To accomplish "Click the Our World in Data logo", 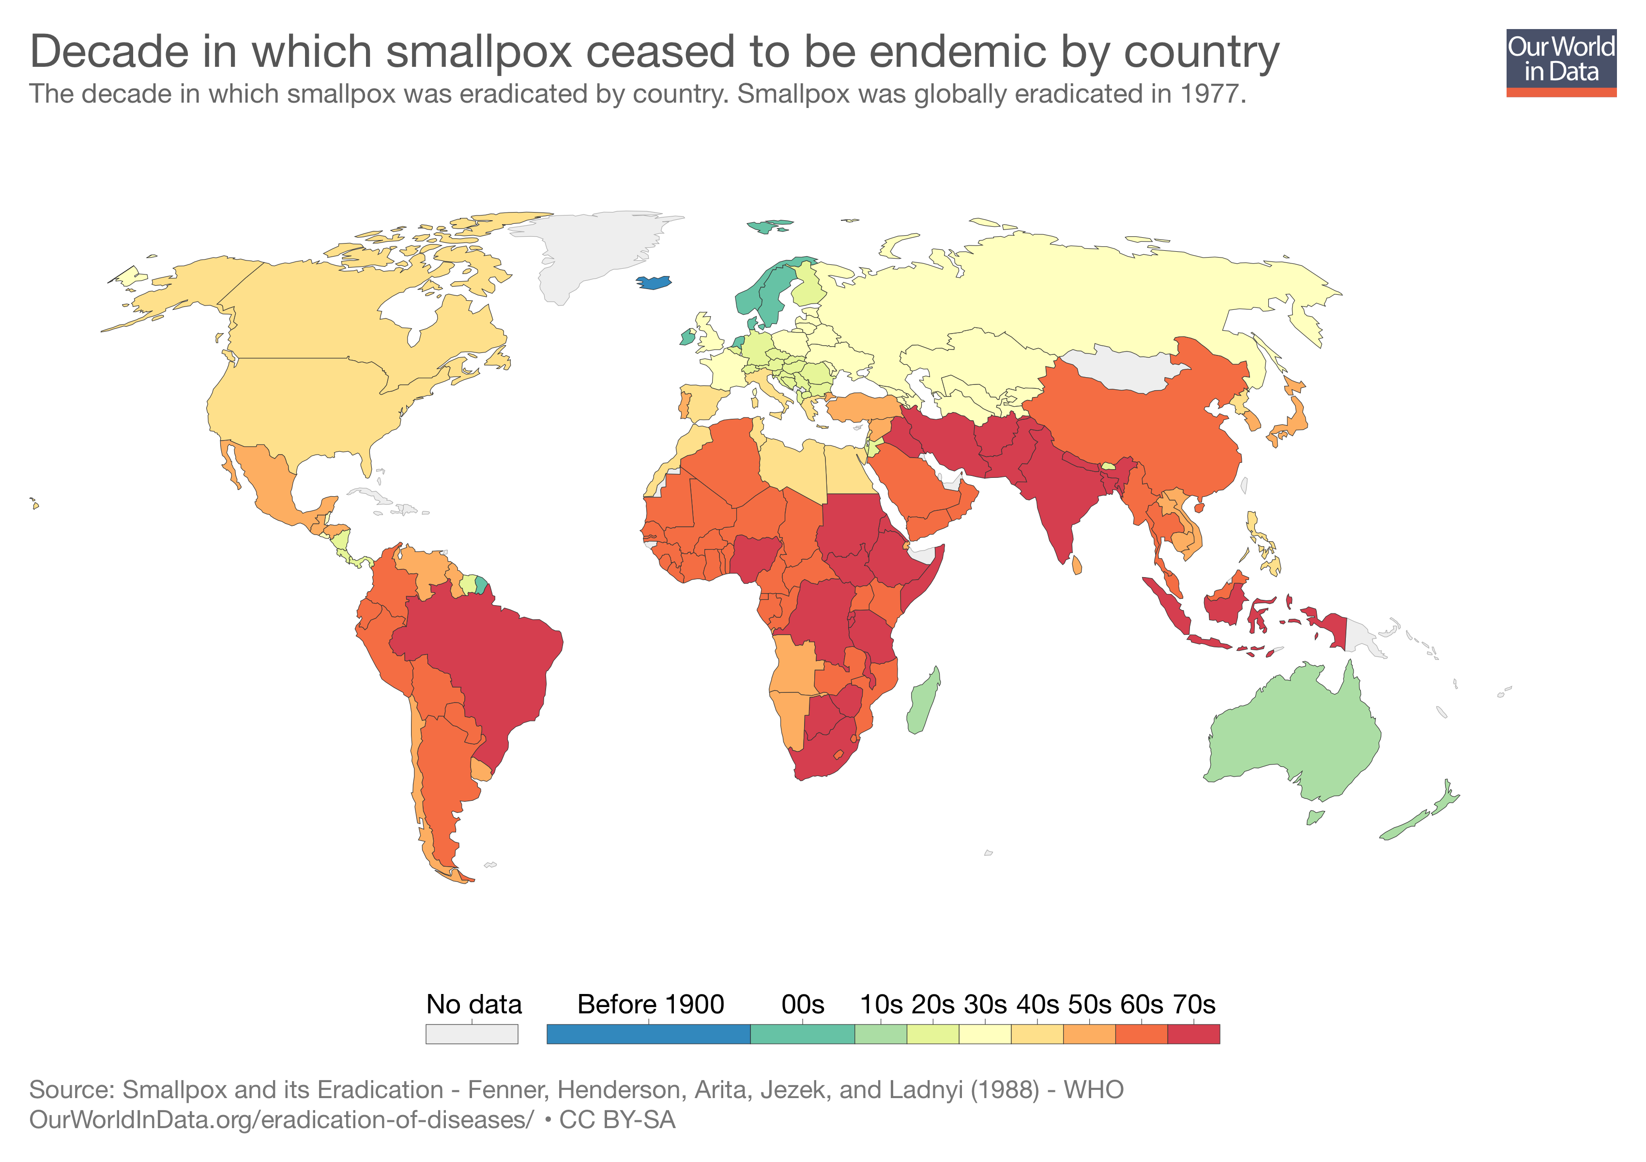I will (1561, 61).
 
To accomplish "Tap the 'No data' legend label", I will (474, 1004).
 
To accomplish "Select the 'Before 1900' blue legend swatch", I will (648, 1034).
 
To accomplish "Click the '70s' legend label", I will (1194, 1004).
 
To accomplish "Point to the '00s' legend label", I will (802, 1004).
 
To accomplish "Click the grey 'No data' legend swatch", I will (471, 1034).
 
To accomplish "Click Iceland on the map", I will (655, 282).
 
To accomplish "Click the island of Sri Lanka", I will (1077, 566).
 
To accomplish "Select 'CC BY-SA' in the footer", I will (617, 1120).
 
